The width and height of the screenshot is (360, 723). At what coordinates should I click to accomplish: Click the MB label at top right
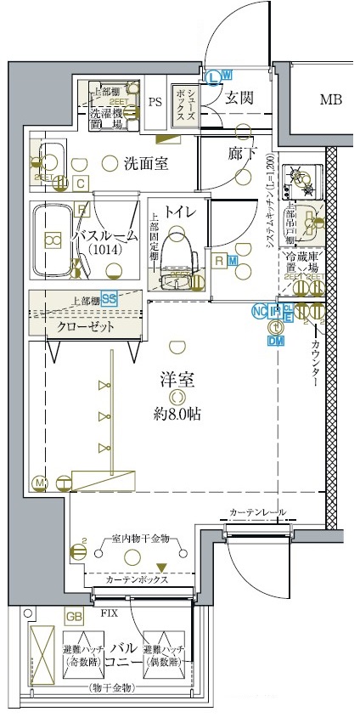point(330,100)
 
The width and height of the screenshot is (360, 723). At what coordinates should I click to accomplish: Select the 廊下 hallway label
point(242,154)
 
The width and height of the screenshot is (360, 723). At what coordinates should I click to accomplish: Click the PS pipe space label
point(155,102)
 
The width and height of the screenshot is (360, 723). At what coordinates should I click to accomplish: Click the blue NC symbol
point(258,311)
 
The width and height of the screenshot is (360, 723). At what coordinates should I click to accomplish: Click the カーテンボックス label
point(137,579)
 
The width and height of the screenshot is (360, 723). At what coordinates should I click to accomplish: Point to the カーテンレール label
point(257,512)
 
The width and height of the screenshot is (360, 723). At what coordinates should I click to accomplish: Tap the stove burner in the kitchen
point(300,177)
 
